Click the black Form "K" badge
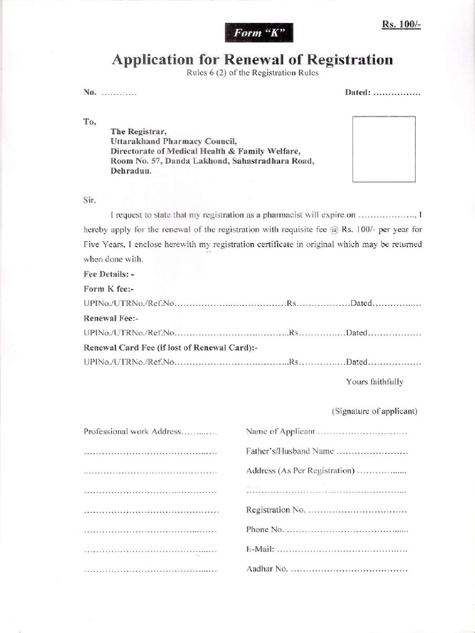[x=259, y=33]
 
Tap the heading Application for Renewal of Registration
[x=252, y=60]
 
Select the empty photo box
[x=383, y=149]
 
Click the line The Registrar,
[x=139, y=131]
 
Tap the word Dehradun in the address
[x=131, y=171]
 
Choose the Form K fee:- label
[x=108, y=288]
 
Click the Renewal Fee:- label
[x=111, y=318]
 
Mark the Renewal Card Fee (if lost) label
[x=170, y=347]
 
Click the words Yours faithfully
[x=374, y=382]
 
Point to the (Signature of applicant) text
[x=374, y=411]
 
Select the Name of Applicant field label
[x=280, y=431]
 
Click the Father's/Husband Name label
[x=290, y=451]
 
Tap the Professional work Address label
[x=132, y=431]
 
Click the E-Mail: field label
[x=260, y=549]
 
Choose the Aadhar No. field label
[x=267, y=569]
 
